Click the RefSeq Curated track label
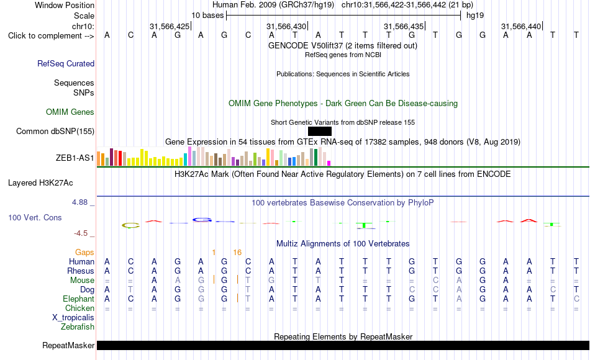[66, 63]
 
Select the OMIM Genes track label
[70, 112]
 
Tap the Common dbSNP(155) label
[55, 132]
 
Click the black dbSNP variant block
[320, 132]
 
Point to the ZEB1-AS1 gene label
[75, 158]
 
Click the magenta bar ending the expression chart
[329, 163]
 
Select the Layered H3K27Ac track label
[40, 183]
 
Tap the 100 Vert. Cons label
[35, 217]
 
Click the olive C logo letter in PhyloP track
[130, 226]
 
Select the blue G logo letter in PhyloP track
[202, 220]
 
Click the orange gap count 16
[237, 253]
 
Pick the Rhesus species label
[81, 271]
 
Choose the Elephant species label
[79, 299]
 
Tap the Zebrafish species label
[78, 326]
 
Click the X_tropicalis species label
[73, 318]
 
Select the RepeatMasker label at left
[68, 345]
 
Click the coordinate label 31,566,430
[286, 26]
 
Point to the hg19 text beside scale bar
[475, 16]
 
